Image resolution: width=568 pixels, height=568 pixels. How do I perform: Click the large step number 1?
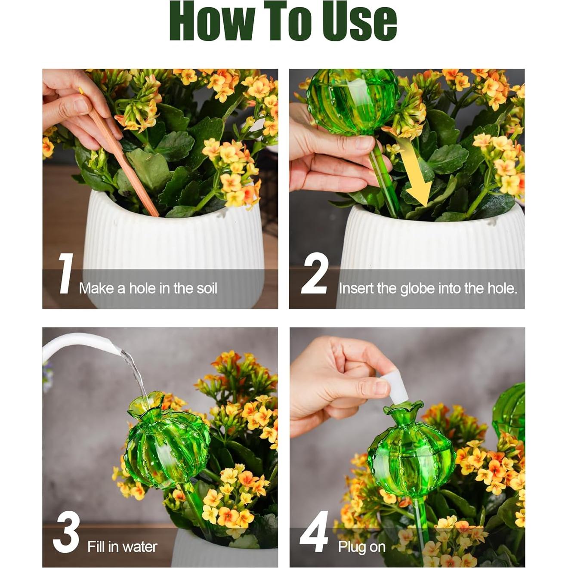pyautogui.click(x=65, y=274)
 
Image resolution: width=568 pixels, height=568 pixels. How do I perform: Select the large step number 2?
pyautogui.click(x=315, y=274)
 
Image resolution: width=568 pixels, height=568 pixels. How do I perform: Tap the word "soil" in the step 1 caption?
pyautogui.click(x=207, y=288)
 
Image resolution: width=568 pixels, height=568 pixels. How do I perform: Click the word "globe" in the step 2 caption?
pyautogui.click(x=417, y=289)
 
